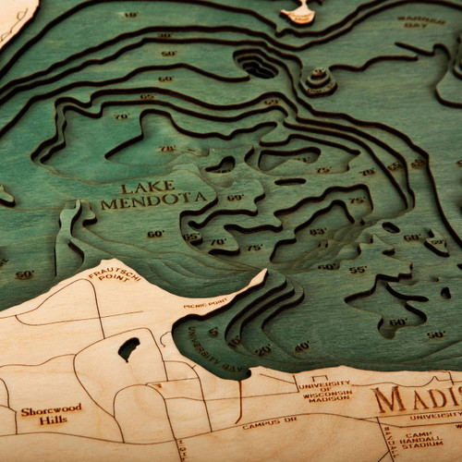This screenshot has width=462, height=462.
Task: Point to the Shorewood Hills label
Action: [51, 413]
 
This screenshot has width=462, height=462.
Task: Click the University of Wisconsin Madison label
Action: [329, 389]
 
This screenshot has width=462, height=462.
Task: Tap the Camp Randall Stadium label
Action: [421, 441]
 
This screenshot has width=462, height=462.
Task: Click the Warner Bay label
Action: [420, 20]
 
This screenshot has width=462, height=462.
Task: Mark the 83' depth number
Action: [317, 231]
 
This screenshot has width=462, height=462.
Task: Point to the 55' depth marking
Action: [357, 269]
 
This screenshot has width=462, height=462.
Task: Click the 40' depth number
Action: [302, 346]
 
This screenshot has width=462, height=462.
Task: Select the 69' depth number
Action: [235, 198]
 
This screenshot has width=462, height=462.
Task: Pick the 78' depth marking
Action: [167, 148]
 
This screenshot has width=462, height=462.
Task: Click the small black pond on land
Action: [128, 348]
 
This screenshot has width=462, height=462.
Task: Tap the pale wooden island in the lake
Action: [299, 13]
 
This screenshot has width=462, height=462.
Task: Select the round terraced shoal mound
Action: [319, 80]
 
